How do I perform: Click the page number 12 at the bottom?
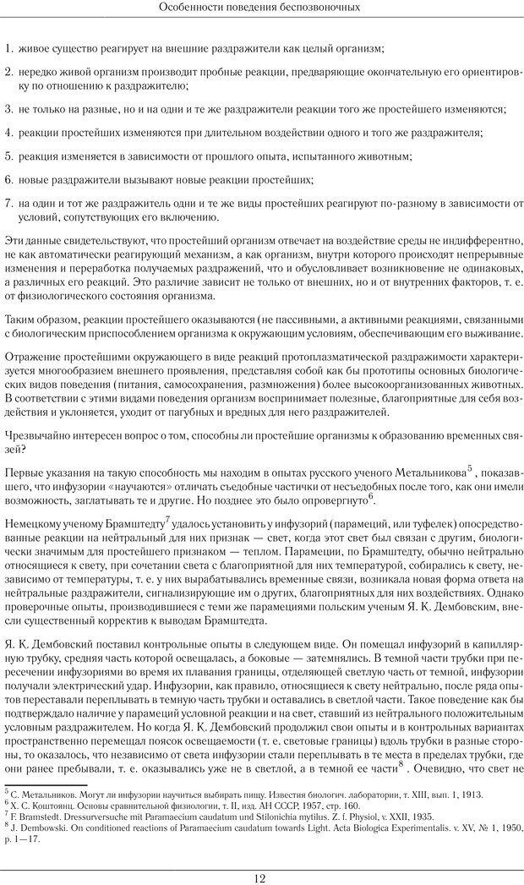(260, 877)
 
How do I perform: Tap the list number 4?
(8, 133)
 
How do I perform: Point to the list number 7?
(8, 204)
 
